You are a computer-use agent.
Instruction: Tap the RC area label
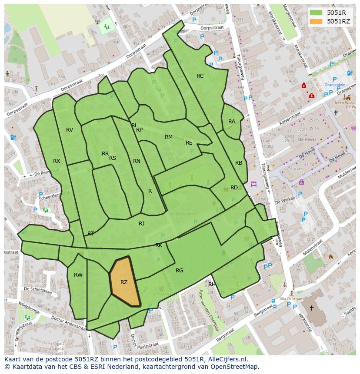(x=200, y=76)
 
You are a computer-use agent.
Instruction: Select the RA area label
(x=232, y=122)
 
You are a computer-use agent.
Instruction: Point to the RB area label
(x=239, y=163)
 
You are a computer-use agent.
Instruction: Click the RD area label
(x=234, y=188)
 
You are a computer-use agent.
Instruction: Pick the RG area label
(x=179, y=271)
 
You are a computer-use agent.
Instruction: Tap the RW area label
(x=78, y=275)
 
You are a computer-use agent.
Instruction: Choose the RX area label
(x=57, y=161)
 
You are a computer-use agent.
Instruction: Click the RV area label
(x=70, y=130)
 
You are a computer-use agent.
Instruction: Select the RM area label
(x=169, y=137)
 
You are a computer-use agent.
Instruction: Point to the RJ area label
(x=141, y=224)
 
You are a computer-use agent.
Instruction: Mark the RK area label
(x=159, y=245)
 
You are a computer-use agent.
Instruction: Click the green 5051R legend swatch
(x=316, y=13)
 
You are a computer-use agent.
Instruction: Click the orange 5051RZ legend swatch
(x=316, y=21)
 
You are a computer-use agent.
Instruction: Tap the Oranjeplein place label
(x=335, y=86)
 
